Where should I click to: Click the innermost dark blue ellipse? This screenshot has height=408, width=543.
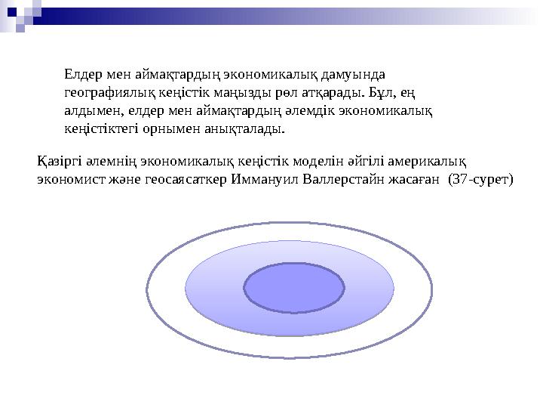tap(294, 288)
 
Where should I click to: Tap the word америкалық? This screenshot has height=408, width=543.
tap(434, 162)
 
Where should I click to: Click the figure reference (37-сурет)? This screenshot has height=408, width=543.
tap(480, 180)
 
